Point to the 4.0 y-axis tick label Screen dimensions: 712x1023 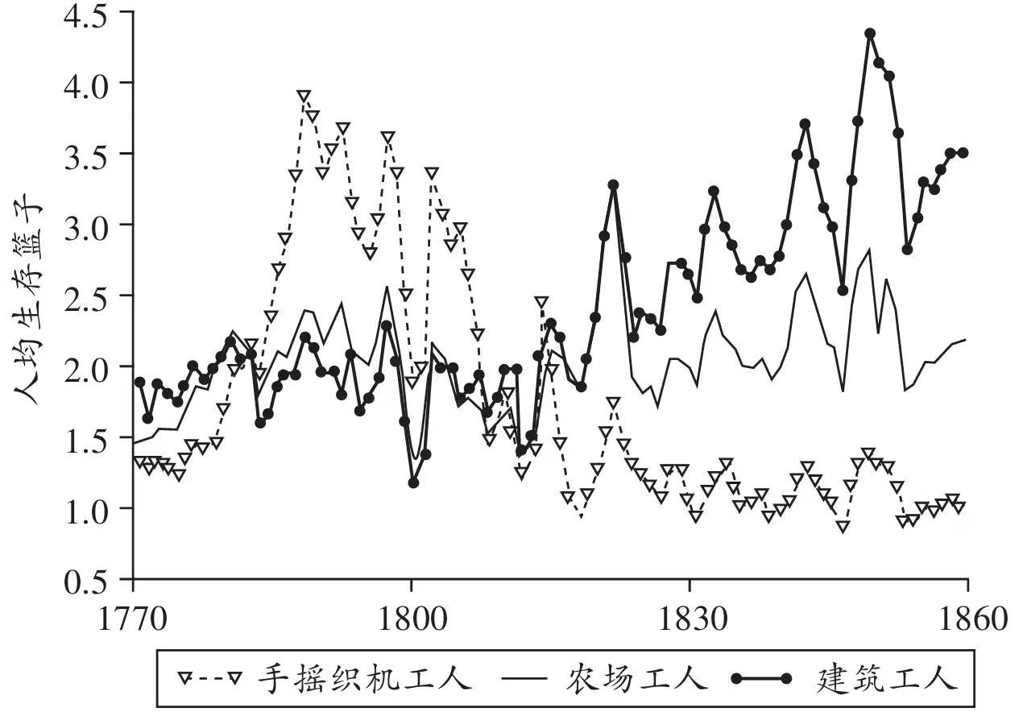(84, 83)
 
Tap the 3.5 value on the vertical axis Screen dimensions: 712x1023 (84, 154)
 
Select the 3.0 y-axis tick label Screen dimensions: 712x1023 (84, 225)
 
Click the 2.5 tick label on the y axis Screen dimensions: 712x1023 (84, 296)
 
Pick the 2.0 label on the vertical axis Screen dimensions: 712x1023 (84, 366)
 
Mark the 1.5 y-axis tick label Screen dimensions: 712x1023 (84, 437)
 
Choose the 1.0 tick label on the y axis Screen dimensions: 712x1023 (84, 508)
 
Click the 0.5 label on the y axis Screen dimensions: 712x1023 (84, 579)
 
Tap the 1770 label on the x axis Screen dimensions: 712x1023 (134, 621)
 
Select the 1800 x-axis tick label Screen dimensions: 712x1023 (412, 621)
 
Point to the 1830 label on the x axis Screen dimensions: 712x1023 (690, 621)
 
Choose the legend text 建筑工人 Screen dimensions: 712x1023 (886, 679)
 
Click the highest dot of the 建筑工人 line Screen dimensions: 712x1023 (870, 34)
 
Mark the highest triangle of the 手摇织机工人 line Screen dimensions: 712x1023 (304, 97)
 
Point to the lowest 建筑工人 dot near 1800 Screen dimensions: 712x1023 (414, 482)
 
